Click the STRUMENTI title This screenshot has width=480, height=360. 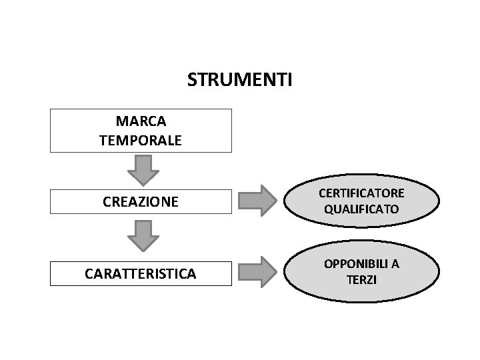click(239, 81)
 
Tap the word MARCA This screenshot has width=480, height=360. click(141, 122)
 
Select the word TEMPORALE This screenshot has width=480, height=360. click(141, 141)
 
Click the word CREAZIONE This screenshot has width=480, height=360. click(141, 201)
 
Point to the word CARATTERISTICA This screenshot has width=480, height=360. click(141, 273)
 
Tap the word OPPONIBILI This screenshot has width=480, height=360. click(353, 264)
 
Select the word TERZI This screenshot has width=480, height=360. click(361, 280)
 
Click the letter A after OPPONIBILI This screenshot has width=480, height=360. click(395, 264)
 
